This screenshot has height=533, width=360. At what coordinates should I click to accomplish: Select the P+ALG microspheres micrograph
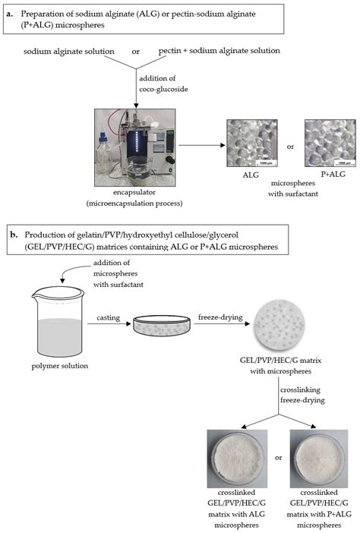[326, 144]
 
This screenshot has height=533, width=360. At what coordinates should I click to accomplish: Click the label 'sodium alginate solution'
[69, 51]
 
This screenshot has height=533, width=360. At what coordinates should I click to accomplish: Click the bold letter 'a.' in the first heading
[11, 14]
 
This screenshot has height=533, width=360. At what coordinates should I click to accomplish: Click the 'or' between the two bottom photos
[279, 458]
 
